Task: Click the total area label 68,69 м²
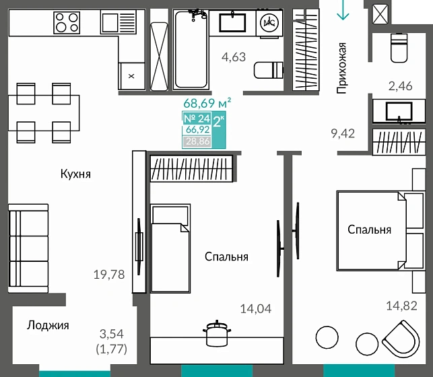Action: coord(207,104)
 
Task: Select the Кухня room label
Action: coord(75,174)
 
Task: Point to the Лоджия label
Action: coord(48,325)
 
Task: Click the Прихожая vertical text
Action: coord(342,67)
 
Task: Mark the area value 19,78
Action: coord(109,274)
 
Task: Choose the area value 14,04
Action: coord(256,309)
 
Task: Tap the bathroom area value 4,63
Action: coord(234,57)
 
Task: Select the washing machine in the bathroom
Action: coord(270,22)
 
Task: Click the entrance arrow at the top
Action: coord(343,9)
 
